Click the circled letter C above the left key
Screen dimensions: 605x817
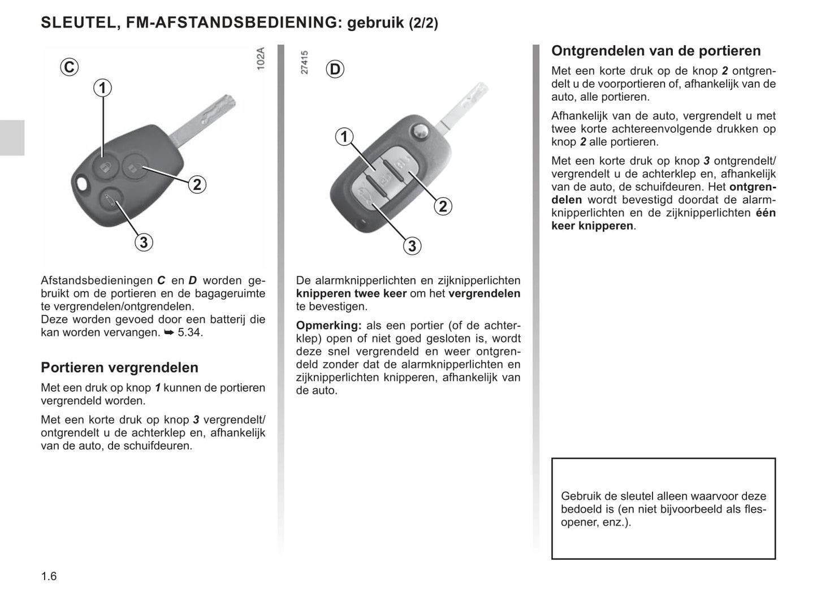[x=69, y=67]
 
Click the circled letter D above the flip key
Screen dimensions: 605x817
[x=335, y=69]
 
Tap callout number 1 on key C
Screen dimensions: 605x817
[x=102, y=88]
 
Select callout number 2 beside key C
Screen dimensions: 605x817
[x=197, y=184]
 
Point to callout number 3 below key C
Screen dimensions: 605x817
[x=144, y=242]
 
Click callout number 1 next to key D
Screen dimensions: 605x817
[x=344, y=137]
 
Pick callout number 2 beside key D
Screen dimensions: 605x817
[x=443, y=206]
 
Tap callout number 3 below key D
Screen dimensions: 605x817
[x=412, y=246]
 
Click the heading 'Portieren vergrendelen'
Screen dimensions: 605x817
[x=119, y=368]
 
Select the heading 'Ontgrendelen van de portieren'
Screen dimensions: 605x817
[x=656, y=51]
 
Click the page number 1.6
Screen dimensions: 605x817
[x=49, y=576]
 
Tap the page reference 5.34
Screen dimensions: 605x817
[x=189, y=332]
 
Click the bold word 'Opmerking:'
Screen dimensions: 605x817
[x=328, y=326]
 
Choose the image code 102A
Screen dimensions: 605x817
[x=260, y=59]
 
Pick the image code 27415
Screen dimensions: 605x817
[x=305, y=63]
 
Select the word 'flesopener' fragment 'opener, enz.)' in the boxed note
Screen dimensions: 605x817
[x=595, y=522]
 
